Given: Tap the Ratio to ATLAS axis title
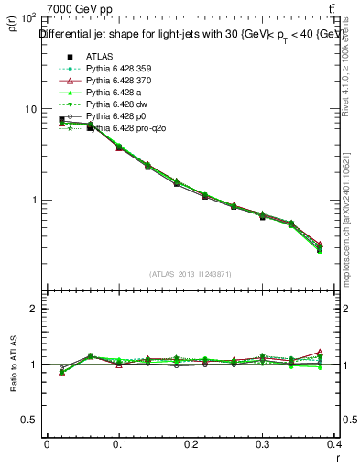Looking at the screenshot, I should click(x=13, y=364).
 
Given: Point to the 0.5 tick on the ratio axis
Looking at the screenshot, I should click(x=30, y=420).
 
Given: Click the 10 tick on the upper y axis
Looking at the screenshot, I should click(x=28, y=109).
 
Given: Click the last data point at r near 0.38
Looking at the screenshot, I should click(x=319, y=249).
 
